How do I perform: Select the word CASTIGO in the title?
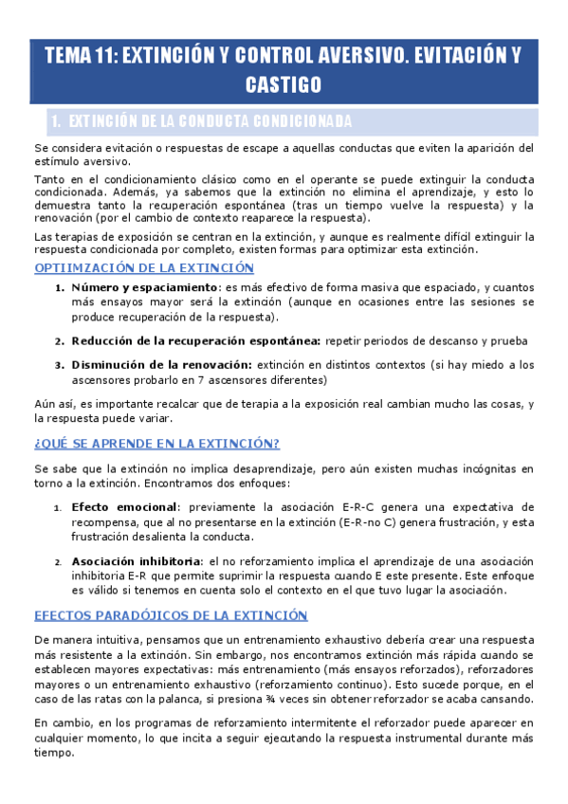[x=284, y=85]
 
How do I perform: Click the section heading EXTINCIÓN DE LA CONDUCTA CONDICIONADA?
[x=211, y=121]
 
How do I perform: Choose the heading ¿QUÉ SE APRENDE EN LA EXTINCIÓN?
[x=156, y=444]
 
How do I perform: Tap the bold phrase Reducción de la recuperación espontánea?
[x=197, y=340]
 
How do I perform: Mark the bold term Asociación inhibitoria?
[x=137, y=560]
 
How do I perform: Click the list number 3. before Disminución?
[x=59, y=365]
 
